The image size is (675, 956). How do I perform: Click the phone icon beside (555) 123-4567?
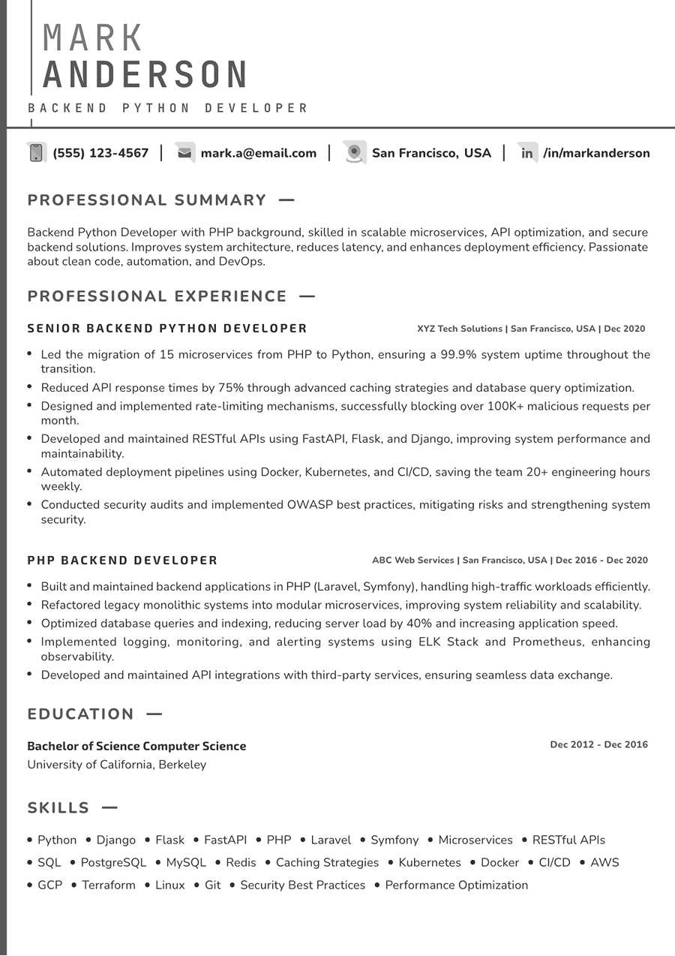tap(35, 153)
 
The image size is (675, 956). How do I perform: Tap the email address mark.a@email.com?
tap(258, 153)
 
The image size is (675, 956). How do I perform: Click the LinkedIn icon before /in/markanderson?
tap(527, 153)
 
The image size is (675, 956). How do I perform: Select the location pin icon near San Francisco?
tap(354, 153)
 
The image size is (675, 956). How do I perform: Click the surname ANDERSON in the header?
tap(145, 75)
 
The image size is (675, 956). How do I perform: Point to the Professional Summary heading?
tap(147, 200)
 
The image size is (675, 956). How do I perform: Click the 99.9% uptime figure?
tap(457, 354)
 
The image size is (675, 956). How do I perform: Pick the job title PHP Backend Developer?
tap(122, 561)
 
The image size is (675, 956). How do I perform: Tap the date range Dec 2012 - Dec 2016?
tap(598, 744)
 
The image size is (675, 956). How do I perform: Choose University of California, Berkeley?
tap(116, 765)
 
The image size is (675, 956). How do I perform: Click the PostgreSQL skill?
tap(113, 863)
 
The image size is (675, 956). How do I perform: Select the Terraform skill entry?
tap(109, 885)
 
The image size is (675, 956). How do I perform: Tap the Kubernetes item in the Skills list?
tap(430, 863)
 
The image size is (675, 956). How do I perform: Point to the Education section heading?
tap(81, 714)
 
